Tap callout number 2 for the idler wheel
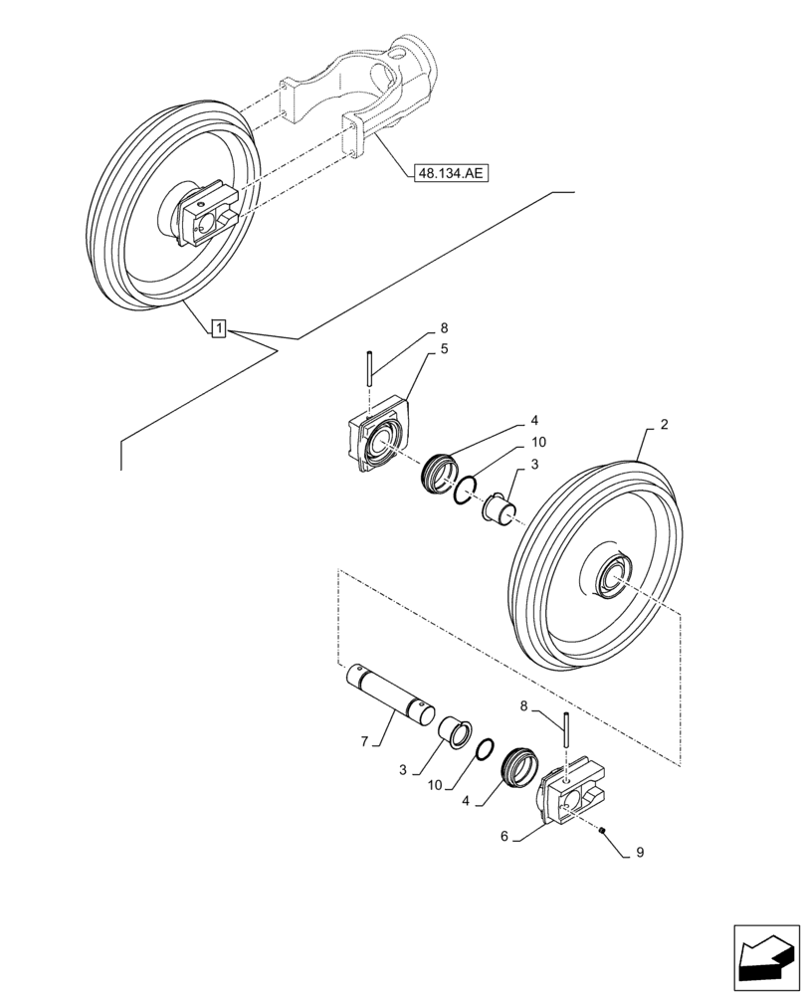664,424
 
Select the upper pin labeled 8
369,369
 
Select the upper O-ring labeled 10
467,491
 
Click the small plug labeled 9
603,831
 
